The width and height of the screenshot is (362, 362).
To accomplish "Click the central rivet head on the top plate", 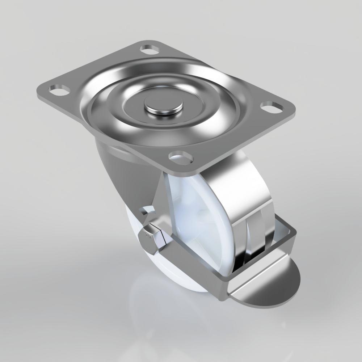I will tap(163, 106).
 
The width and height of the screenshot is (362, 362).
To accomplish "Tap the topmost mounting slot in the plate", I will tap(150, 49).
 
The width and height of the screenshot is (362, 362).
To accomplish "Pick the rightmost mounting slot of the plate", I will tap(272, 107).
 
